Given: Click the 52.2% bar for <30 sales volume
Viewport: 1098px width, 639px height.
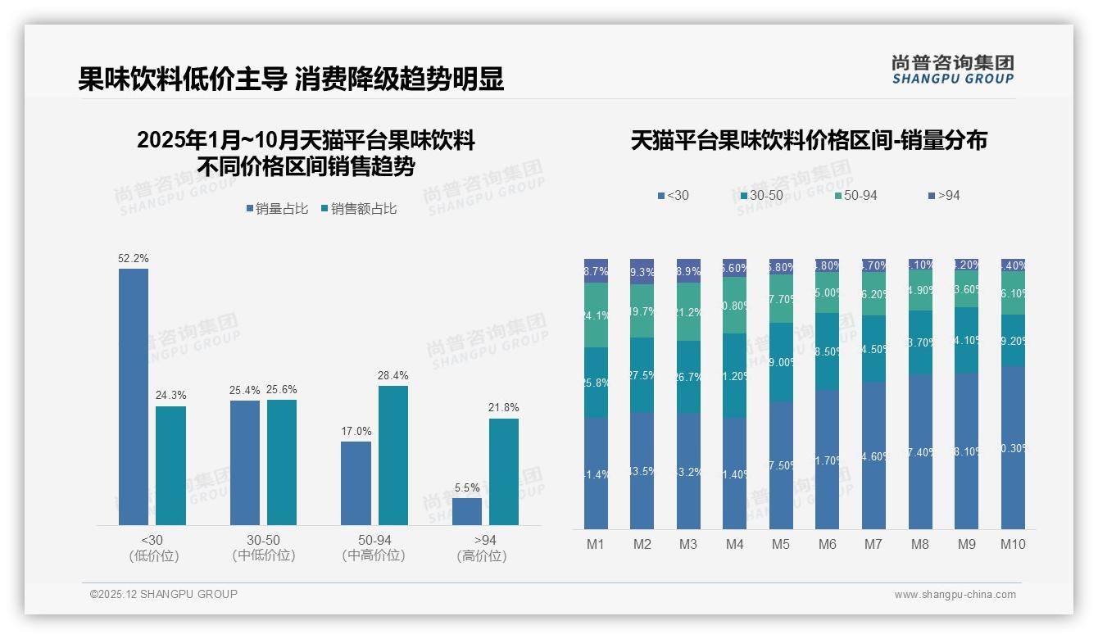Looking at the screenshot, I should tap(134, 397).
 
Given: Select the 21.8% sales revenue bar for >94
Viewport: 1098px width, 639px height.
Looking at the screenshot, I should tap(504, 472).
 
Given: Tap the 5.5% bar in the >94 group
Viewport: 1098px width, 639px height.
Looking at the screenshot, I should tap(467, 511).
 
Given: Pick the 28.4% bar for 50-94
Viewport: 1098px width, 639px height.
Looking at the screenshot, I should tap(393, 455).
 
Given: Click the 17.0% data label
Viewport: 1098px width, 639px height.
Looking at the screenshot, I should tap(356, 431).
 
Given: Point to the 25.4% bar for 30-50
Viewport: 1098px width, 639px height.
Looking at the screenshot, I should tap(245, 463).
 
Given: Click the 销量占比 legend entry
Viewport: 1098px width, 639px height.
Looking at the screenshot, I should tap(277, 209).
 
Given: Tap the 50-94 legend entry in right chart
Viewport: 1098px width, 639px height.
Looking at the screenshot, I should tap(855, 196).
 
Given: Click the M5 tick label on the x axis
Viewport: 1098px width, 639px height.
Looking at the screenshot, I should tap(780, 544).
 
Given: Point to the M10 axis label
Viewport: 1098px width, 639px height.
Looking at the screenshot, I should tap(1013, 544).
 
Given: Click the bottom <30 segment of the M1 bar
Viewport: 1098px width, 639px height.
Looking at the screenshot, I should tap(596, 474).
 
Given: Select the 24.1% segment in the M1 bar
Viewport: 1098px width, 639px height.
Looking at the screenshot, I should tap(596, 315).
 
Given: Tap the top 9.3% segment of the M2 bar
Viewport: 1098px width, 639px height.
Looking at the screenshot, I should tap(642, 271).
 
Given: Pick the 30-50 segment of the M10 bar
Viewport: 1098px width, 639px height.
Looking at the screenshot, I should tap(1013, 340).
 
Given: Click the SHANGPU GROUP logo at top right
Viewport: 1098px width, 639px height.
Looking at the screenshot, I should tap(952, 69).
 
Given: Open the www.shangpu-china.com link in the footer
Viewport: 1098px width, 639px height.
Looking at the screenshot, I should tap(955, 595).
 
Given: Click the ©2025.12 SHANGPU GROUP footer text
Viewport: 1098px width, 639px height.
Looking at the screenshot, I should tap(164, 594).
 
